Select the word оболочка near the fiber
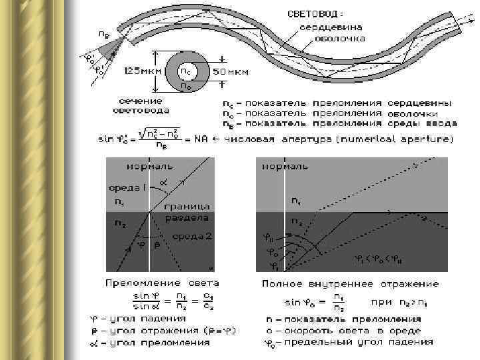point(340,39)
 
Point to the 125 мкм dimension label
point(137,70)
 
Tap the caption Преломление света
point(161,283)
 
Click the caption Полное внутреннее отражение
point(350,283)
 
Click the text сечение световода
point(139,105)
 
